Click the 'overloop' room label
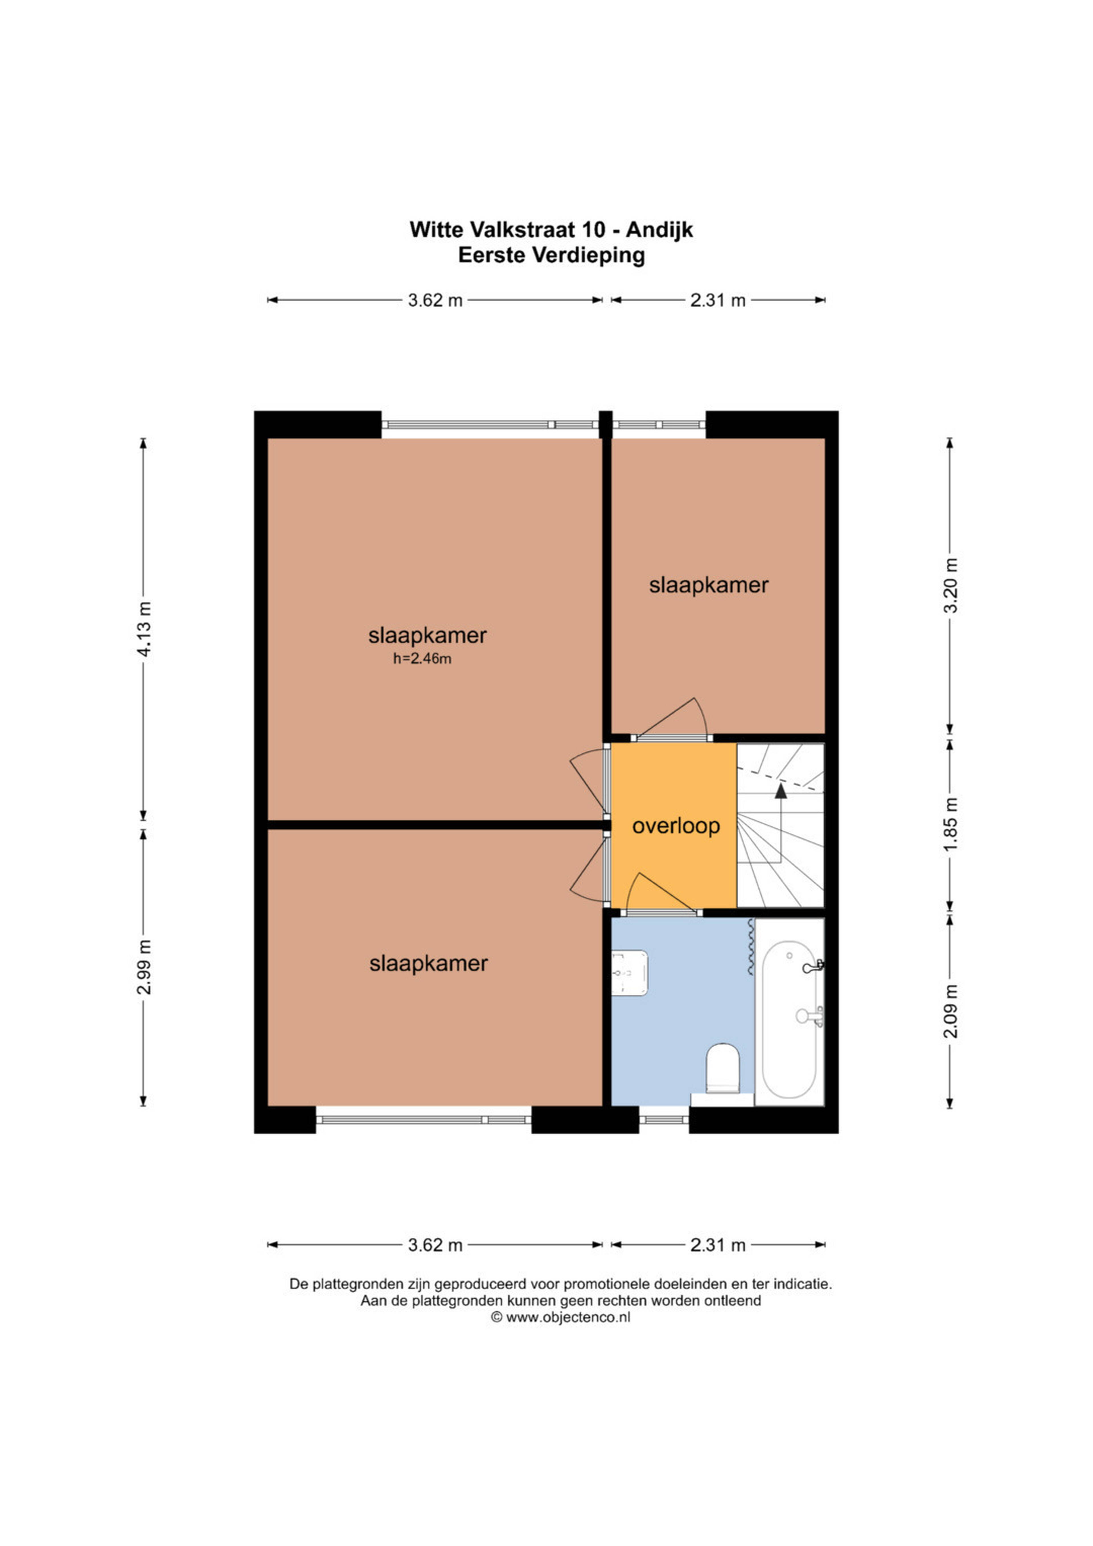click(x=676, y=826)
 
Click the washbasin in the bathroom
click(x=630, y=972)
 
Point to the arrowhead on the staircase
click(x=781, y=791)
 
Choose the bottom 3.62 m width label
click(x=435, y=1245)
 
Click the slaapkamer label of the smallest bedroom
click(x=709, y=585)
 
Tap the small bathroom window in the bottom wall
click(x=663, y=1120)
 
